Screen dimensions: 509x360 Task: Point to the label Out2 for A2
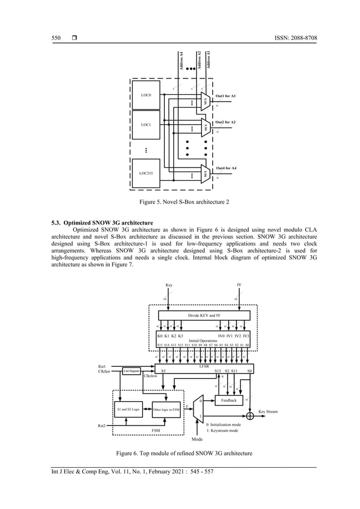225,122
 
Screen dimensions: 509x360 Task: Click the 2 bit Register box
132,370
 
